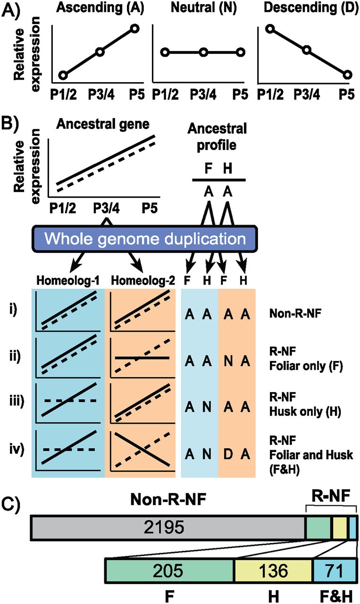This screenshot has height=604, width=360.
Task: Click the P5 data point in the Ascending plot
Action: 134,29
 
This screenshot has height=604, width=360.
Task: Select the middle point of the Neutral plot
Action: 203,52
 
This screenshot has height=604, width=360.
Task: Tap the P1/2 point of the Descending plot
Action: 270,29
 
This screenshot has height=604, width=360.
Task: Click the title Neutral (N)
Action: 204,8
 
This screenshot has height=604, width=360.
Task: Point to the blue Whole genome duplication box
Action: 145,239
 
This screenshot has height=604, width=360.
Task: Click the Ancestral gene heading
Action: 103,124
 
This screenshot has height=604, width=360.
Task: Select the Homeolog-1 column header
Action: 68,280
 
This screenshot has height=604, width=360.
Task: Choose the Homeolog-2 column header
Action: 143,280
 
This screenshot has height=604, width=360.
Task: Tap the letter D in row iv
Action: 228,454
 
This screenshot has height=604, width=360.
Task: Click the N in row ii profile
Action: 228,361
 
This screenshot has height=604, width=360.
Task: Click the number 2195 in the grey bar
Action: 164,527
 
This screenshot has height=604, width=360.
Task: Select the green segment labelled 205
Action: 169,570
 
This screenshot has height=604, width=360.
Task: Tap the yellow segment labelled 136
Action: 273,570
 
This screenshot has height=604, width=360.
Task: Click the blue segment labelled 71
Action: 335,570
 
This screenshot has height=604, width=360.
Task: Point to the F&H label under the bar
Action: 336,596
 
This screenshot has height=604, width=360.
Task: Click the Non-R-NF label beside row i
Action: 295,314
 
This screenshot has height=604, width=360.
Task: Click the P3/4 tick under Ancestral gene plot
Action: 106,209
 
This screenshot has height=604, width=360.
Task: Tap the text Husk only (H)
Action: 305,412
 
